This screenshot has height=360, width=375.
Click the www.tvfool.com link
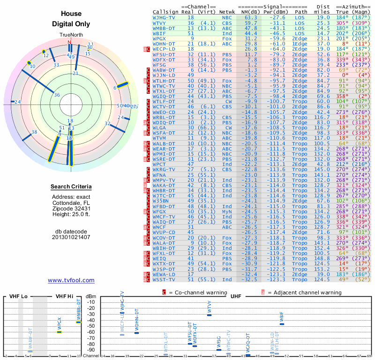[x=71, y=280]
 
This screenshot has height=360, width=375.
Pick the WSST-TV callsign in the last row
[x=164, y=279]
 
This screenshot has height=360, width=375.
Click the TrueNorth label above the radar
[x=71, y=35]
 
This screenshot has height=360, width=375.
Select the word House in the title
[x=71, y=14]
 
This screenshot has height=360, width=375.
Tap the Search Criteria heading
[x=71, y=187]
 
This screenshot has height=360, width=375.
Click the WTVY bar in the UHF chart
[x=209, y=315]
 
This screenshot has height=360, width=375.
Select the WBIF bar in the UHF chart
[x=282, y=324]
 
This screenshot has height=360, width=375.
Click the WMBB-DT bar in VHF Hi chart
[x=78, y=322]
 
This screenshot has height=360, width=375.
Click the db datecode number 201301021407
[x=71, y=237]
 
